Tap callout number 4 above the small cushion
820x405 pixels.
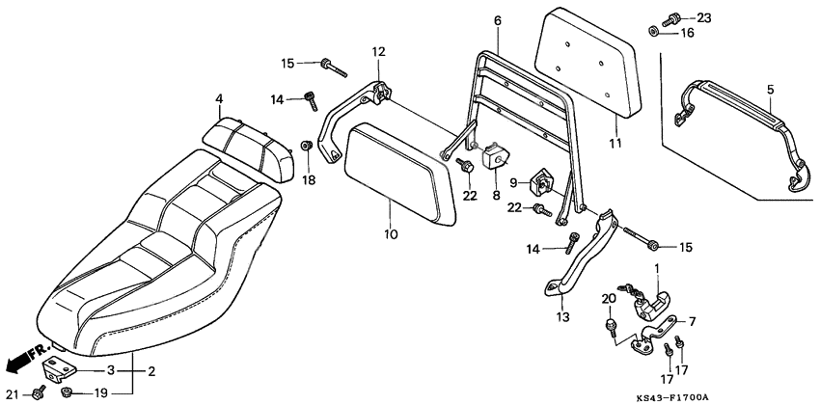click(219, 98)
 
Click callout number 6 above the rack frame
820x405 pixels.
click(498, 19)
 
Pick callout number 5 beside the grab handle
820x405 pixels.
click(770, 90)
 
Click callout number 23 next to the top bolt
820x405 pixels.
click(703, 17)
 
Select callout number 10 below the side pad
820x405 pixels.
click(390, 233)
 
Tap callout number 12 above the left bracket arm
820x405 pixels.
click(378, 51)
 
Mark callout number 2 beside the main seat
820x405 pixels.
click(150, 369)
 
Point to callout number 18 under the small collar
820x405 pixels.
click(309, 179)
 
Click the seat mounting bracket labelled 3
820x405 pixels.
click(57, 367)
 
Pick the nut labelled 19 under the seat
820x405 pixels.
click(68, 393)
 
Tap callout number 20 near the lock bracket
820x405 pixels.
click(608, 299)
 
